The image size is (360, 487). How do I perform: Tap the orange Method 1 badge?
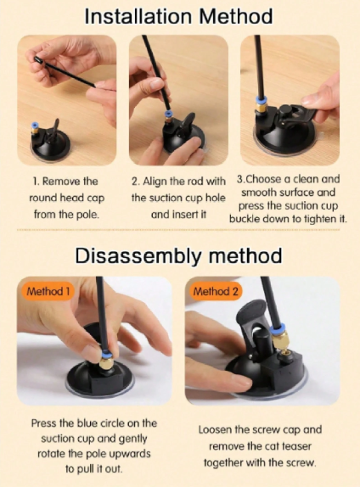48,291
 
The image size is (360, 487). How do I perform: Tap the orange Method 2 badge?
216,291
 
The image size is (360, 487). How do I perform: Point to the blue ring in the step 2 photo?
168,114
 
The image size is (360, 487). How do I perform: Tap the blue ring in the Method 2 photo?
278,327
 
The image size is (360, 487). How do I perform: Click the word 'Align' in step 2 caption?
155,182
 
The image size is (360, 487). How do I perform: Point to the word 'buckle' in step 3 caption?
245,219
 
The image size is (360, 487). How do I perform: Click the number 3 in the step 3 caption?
239,179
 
